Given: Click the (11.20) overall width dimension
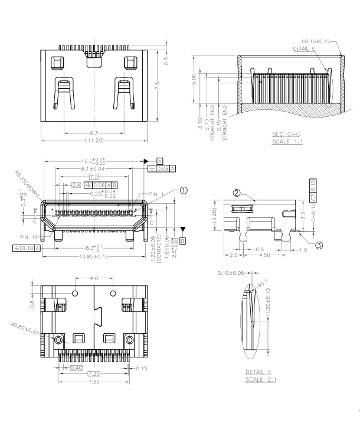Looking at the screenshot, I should pyautogui.click(x=94, y=141).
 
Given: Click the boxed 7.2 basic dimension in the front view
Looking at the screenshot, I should pyautogui.click(x=94, y=177).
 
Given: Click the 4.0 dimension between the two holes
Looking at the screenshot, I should pyautogui.click(x=94, y=278).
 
